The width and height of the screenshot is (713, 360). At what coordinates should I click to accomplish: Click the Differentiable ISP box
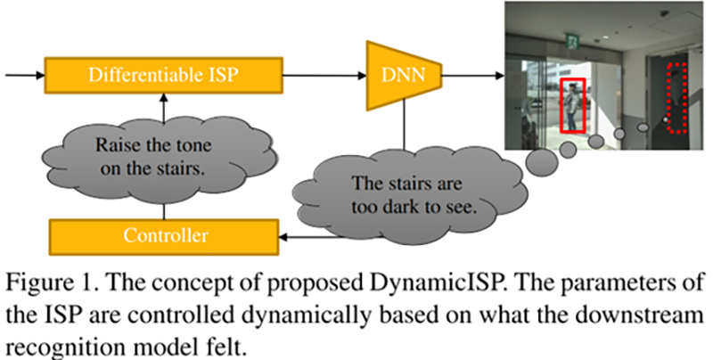click(161, 74)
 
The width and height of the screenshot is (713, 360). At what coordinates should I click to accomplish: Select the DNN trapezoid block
click(403, 75)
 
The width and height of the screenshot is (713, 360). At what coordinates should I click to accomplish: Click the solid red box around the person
click(573, 106)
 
